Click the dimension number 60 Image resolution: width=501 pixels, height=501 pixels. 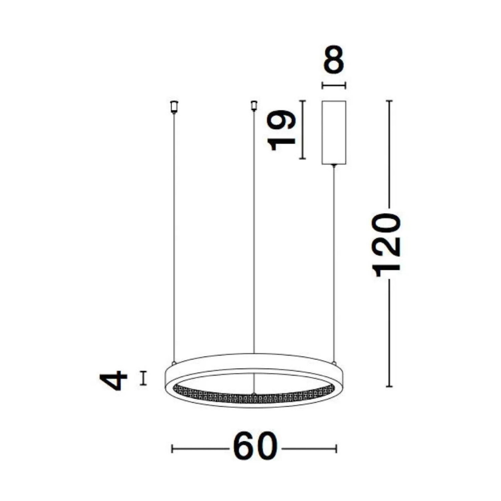tap(255, 446)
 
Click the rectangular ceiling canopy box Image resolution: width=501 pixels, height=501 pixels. tap(334, 132)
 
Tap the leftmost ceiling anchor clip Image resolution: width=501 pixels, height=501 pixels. tap(174, 107)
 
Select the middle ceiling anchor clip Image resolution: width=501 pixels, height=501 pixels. tap(254, 105)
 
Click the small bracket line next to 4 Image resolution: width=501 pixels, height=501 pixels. tap(143, 378)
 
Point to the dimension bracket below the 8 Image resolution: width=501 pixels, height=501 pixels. tap(334, 86)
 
